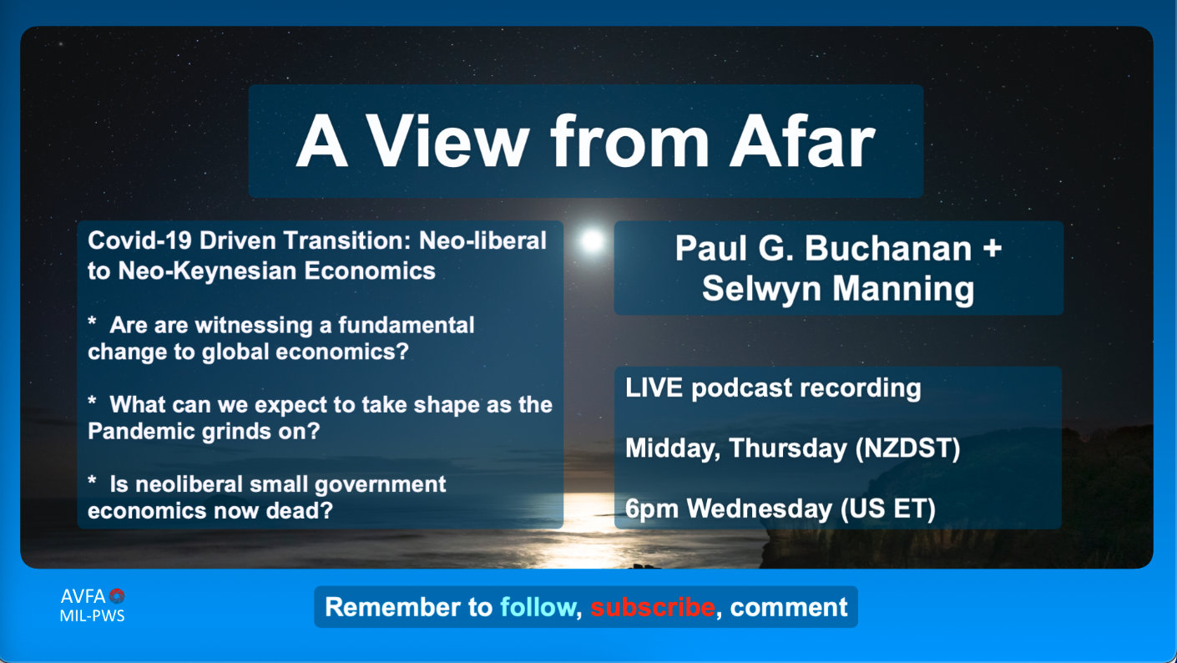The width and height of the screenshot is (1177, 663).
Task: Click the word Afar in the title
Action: point(802,141)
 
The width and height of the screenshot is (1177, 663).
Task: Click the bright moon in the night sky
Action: point(592,240)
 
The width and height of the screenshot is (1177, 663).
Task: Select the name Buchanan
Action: point(888,248)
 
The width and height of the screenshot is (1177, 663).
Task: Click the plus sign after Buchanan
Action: point(992,248)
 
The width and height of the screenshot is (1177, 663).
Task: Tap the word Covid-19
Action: point(139,240)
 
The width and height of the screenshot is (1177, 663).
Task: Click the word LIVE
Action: point(654,388)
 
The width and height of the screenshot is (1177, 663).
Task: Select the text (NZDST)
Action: point(907,448)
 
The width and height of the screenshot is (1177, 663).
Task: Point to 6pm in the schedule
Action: point(652,509)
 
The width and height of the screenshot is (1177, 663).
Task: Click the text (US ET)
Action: point(888,509)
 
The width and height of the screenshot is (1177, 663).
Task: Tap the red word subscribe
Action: point(653,607)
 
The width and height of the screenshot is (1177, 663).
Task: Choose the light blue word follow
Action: point(538,607)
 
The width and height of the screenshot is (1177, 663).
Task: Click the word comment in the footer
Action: point(788,608)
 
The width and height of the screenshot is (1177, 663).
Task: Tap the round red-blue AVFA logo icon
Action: point(117,595)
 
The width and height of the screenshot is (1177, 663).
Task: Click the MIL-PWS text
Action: point(93,615)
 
